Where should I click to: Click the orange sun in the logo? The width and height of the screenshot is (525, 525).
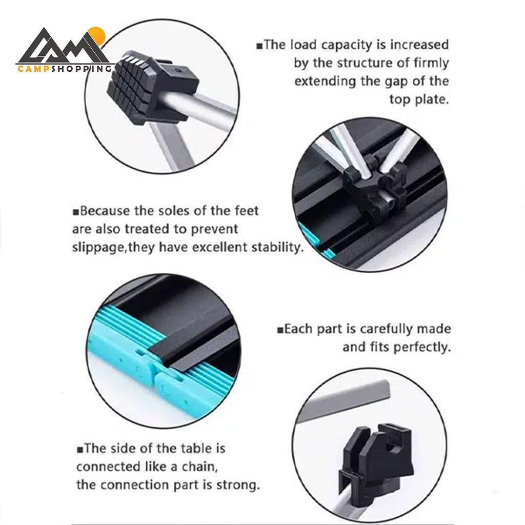tap(97, 35)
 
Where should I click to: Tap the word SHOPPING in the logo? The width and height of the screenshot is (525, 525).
tap(82, 69)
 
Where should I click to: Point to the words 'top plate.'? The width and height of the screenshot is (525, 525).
tap(419, 99)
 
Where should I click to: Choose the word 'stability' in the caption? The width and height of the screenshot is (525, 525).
tap(276, 247)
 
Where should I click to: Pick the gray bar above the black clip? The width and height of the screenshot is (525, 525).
tap(344, 401)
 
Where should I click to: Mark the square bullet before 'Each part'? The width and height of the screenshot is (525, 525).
tap(280, 331)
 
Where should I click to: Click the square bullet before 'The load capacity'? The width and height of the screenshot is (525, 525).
tap(259, 46)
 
